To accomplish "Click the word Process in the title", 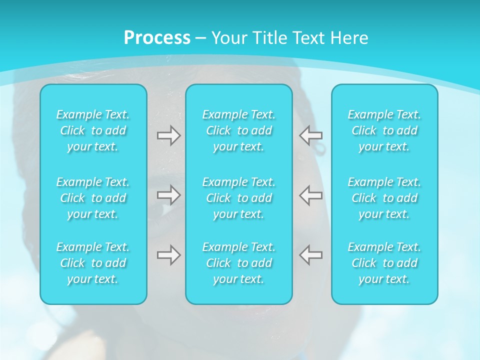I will [x=157, y=38].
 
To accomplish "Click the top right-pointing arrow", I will [x=168, y=135].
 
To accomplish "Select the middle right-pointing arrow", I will [x=168, y=195].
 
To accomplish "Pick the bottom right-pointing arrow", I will [x=168, y=255].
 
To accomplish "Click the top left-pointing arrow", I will [x=311, y=135].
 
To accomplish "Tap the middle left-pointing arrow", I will [x=311, y=195].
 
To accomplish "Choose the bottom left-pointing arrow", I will [x=311, y=255].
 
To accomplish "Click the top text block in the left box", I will [x=93, y=130].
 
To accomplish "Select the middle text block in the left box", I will [x=93, y=198].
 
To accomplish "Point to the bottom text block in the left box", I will [x=93, y=263].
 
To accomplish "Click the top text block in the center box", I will [x=239, y=130].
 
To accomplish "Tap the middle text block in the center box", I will [x=239, y=198].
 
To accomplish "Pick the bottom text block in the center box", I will [x=239, y=263].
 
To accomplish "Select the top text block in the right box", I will [x=384, y=130].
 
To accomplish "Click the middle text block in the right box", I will [x=384, y=198].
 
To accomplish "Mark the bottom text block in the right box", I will [x=384, y=263].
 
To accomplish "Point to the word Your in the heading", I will [x=229, y=38].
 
